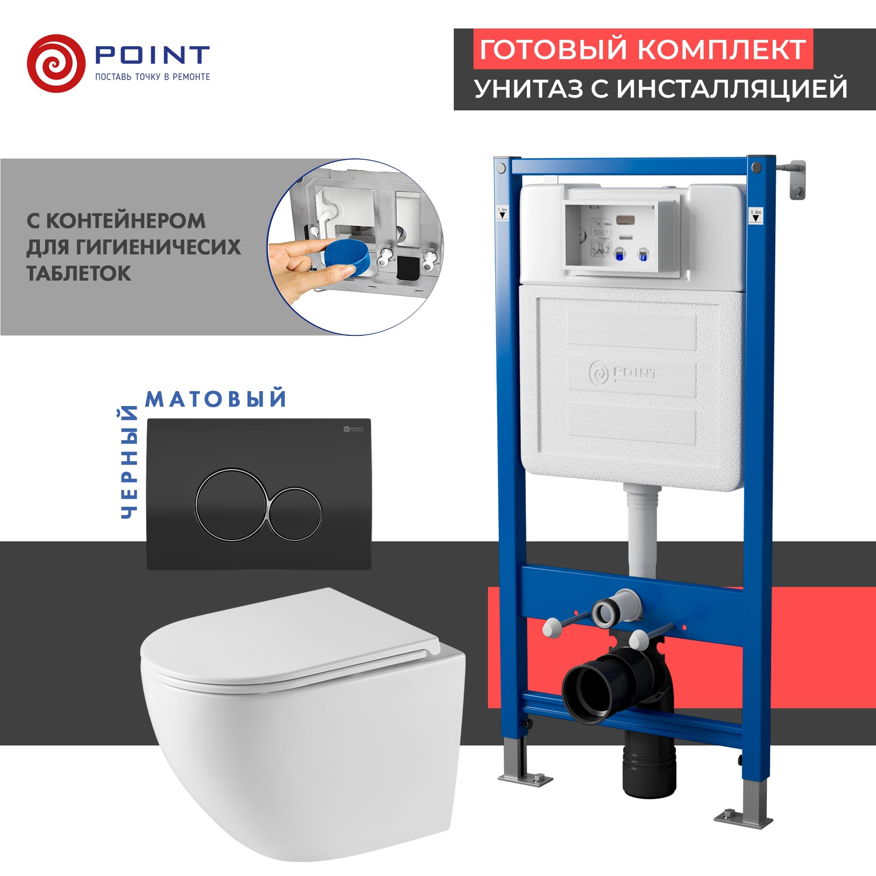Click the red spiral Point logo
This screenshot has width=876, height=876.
(56, 64)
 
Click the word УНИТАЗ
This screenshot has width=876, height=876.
(529, 88)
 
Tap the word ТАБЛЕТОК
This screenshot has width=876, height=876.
(79, 273)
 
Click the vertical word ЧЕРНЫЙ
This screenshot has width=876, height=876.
(129, 462)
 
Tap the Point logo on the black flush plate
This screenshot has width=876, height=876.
(353, 428)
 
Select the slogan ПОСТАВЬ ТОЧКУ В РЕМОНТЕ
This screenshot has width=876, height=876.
(152, 77)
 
